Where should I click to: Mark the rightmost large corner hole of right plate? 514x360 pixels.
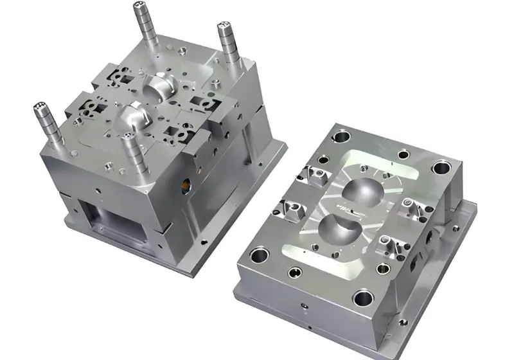pyautogui.click(x=442, y=168)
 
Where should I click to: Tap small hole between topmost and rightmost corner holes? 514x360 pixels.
pyautogui.click(x=403, y=154)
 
